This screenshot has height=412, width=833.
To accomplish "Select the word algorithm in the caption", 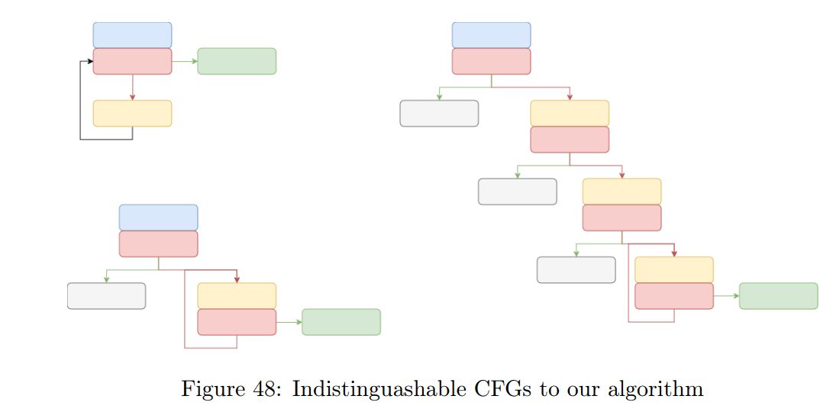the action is click(655, 390).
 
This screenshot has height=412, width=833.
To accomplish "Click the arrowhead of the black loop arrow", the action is click(90, 61).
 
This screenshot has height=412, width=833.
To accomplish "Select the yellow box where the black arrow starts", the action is click(132, 113).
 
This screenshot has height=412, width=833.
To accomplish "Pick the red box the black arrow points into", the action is click(132, 61).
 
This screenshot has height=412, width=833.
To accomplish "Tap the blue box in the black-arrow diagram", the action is click(132, 35).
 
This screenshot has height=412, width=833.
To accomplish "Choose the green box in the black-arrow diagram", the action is click(237, 61).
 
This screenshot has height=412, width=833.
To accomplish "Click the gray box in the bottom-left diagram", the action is click(106, 296).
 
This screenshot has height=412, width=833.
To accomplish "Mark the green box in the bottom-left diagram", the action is click(341, 322).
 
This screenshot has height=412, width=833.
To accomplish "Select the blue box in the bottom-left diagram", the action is click(158, 217).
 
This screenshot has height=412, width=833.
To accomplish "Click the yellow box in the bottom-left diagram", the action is click(237, 295).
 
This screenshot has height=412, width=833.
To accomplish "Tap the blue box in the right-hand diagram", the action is click(491, 35).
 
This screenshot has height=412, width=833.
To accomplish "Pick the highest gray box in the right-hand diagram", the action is click(439, 113).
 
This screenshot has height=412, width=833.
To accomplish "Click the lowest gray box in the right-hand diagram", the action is click(576, 270).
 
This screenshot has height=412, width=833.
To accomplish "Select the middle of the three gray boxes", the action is click(517, 192).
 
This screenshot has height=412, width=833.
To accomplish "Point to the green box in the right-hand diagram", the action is click(778, 296).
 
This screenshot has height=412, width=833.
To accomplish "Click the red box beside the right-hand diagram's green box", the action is click(673, 296).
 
